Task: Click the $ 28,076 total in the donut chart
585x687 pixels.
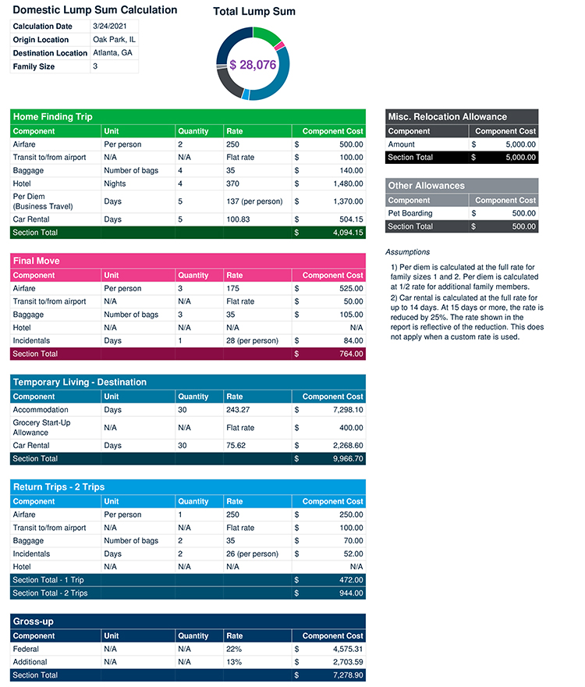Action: click(253, 65)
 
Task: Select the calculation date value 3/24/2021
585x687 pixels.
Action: click(109, 27)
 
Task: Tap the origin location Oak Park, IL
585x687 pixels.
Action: click(114, 40)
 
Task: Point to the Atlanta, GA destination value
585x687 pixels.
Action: click(112, 53)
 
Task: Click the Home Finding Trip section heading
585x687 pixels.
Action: click(53, 117)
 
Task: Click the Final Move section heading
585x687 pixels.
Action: click(37, 261)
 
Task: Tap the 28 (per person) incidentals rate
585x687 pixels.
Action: click(252, 340)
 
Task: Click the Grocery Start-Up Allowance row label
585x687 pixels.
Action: click(42, 427)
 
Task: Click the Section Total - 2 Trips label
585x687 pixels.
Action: click(50, 593)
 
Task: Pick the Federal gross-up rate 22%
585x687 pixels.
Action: click(234, 649)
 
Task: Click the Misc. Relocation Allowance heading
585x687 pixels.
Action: click(447, 117)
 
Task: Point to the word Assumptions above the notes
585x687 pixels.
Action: click(407, 252)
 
